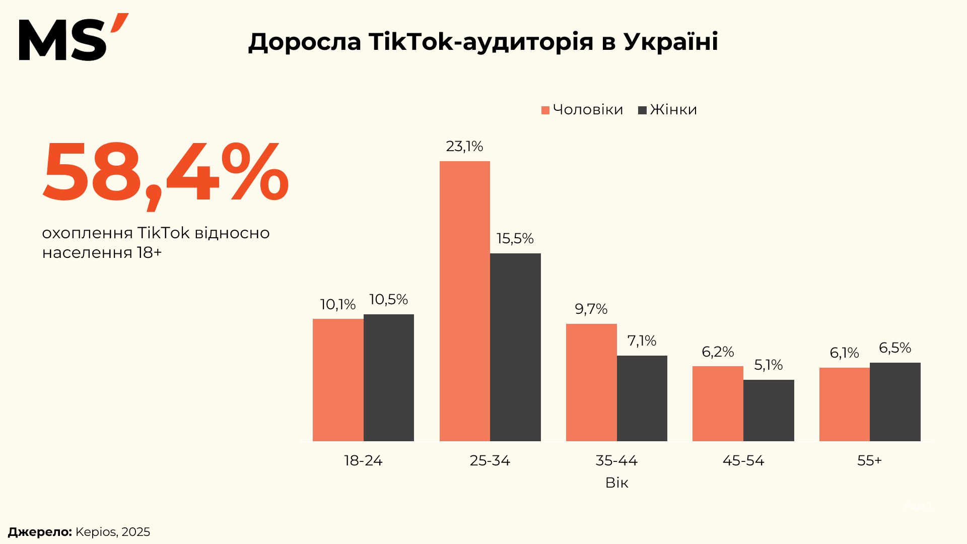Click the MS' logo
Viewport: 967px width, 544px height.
click(73, 38)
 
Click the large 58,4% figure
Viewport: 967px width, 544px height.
click(165, 173)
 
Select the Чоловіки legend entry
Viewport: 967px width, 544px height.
click(582, 110)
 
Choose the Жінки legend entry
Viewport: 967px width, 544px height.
click(668, 110)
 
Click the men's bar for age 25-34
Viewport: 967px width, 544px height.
click(464, 301)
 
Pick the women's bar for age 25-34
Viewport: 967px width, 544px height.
click(515, 347)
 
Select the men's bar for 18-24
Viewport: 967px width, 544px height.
click(338, 380)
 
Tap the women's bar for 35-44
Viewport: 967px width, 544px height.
click(642, 398)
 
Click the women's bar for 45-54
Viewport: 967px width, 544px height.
click(769, 410)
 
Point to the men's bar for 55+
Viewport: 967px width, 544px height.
click(844, 404)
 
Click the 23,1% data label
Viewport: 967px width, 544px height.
click(464, 147)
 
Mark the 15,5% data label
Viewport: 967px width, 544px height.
click(515, 239)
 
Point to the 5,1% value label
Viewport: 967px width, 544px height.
click(768, 365)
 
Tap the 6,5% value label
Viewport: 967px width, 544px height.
click(894, 348)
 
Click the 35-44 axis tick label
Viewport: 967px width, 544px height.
click(616, 460)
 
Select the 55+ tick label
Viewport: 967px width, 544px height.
click(869, 460)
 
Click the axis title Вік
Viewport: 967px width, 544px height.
click(616, 483)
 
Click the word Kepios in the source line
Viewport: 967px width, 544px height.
click(96, 532)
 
